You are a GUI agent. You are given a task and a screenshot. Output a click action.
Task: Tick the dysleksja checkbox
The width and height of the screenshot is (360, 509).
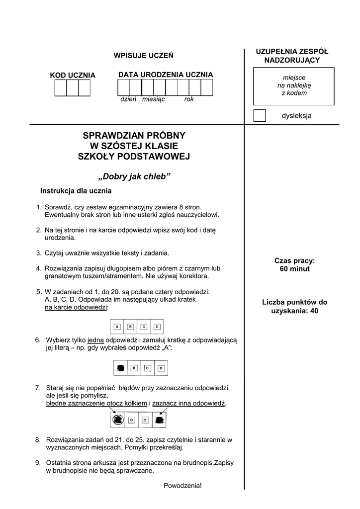pos(260,115)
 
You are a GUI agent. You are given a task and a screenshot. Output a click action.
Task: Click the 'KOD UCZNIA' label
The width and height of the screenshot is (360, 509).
pos(73,75)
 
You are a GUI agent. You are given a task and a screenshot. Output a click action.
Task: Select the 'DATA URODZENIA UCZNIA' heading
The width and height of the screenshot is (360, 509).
pos(166,75)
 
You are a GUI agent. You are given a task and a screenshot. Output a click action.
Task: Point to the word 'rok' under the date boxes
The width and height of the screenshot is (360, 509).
pos(189,99)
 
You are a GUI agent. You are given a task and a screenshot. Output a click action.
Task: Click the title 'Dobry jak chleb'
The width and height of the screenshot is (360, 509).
pos(135,177)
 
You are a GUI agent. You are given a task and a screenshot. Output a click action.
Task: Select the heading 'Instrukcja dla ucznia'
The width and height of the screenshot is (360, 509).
pos(76,191)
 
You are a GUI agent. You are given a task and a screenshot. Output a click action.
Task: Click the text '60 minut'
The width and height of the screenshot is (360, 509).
pos(294,269)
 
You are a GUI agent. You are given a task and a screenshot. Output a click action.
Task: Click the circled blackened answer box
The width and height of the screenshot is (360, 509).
pos(117,420)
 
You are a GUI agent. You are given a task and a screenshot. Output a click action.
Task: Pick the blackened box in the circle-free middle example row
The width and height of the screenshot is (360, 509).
pos(120,368)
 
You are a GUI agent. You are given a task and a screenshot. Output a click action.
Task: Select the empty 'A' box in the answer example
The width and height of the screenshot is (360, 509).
pos(117,327)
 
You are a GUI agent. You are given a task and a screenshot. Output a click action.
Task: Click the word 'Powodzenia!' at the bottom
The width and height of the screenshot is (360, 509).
pos(183,485)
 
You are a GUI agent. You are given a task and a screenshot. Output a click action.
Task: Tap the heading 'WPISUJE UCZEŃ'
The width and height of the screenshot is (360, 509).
pos(144,55)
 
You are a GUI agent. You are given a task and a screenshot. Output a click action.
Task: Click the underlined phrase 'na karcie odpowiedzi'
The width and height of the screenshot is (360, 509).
pos(76,308)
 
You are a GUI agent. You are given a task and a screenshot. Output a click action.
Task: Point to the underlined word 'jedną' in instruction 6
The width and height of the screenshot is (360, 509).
pos(95,340)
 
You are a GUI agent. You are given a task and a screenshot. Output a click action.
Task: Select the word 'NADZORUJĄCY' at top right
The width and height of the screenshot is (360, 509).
pos(292,60)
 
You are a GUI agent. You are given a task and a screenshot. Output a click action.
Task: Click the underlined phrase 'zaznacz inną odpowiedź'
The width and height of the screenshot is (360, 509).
pos(189,403)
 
